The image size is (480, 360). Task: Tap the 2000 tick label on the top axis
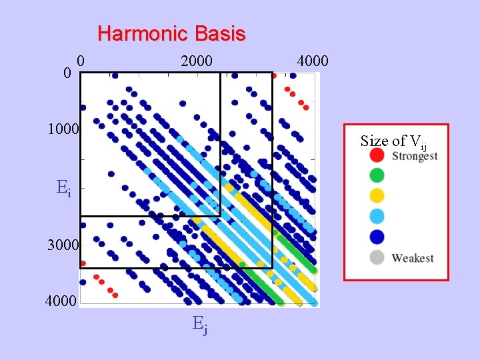196,61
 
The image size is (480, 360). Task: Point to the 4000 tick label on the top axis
312,61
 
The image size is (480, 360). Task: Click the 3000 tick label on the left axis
63,245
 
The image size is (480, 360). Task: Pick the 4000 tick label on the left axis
63,303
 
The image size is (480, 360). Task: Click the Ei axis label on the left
63,188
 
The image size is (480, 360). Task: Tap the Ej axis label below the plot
199,325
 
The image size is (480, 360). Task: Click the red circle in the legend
377,155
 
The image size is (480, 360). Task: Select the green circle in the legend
377,175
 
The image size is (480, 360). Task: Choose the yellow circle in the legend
377,195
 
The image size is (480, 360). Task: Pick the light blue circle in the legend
377,215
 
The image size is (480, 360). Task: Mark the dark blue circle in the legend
377,236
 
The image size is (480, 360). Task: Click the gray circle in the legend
377,257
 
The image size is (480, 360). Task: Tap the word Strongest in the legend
415,156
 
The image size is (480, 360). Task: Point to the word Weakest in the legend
413,257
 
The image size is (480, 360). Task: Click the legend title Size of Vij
393,141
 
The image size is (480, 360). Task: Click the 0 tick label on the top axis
80,60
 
